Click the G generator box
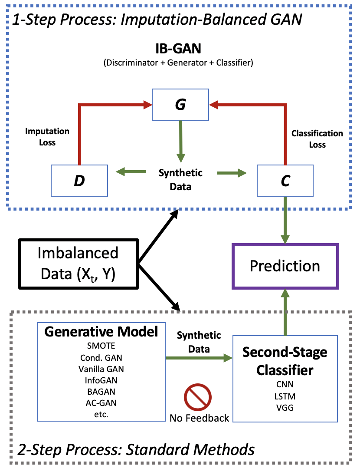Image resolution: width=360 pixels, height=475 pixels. (x=180, y=105)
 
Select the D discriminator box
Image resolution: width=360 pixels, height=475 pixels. (x=79, y=180)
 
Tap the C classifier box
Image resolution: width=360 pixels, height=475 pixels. (x=285, y=180)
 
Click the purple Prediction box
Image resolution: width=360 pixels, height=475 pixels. (x=285, y=266)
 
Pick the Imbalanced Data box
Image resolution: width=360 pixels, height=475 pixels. (x=78, y=264)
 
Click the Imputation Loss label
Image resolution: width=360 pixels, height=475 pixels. (x=47, y=136)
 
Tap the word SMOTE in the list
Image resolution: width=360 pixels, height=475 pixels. (x=101, y=347)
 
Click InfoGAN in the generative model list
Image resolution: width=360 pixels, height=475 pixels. (x=101, y=380)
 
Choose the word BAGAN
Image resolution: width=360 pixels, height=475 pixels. (x=101, y=392)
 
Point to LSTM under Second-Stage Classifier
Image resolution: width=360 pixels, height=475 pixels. (x=285, y=396)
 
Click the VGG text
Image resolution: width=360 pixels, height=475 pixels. (x=285, y=407)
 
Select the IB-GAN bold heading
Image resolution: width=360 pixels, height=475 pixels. (x=178, y=48)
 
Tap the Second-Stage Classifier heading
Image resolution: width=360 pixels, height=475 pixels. (x=285, y=361)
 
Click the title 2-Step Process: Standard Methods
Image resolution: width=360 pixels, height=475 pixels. (x=136, y=449)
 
